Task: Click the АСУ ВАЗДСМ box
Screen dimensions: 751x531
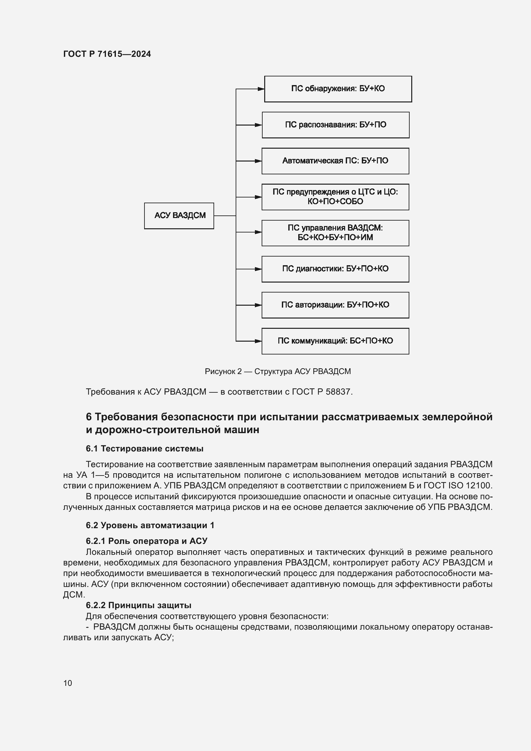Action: point(179,215)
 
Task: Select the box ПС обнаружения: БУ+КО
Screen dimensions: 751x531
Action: point(338,89)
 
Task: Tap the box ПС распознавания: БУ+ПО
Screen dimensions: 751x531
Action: point(335,125)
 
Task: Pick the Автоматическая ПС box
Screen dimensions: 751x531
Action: point(335,161)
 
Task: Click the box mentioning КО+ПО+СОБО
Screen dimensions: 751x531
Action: point(335,197)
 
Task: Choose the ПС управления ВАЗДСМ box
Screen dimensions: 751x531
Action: point(335,233)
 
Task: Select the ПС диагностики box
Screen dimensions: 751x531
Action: point(335,269)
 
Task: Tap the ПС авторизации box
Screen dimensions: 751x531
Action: point(335,305)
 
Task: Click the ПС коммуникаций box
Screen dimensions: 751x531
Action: point(335,341)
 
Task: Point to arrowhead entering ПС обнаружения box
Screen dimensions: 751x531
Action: point(261,89)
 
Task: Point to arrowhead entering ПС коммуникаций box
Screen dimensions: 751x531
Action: point(259,341)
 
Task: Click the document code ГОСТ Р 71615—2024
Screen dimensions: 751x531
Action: point(107,54)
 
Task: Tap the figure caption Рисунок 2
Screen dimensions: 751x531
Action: point(278,371)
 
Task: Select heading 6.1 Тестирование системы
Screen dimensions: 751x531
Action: point(144,449)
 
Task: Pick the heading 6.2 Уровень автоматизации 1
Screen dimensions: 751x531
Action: point(150,525)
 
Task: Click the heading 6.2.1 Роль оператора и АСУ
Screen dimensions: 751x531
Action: point(146,541)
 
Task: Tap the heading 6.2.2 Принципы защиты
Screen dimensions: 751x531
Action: point(138,605)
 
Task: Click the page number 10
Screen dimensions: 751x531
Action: point(68,683)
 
